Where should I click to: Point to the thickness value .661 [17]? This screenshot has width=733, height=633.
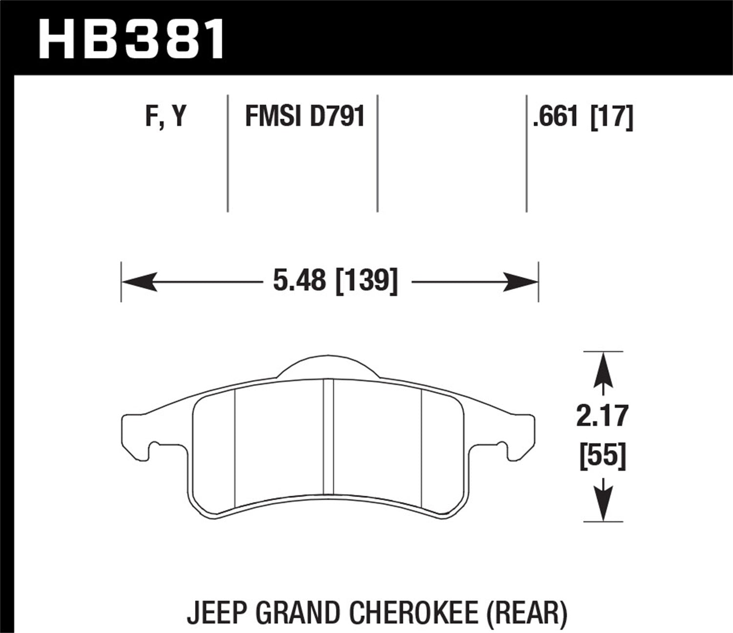(x=583, y=117)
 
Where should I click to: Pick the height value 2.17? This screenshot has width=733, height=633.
(x=602, y=417)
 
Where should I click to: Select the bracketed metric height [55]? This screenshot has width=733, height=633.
(x=603, y=458)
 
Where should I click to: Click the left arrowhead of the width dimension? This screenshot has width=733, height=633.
(x=139, y=282)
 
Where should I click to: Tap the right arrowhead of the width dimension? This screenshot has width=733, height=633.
(x=520, y=282)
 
